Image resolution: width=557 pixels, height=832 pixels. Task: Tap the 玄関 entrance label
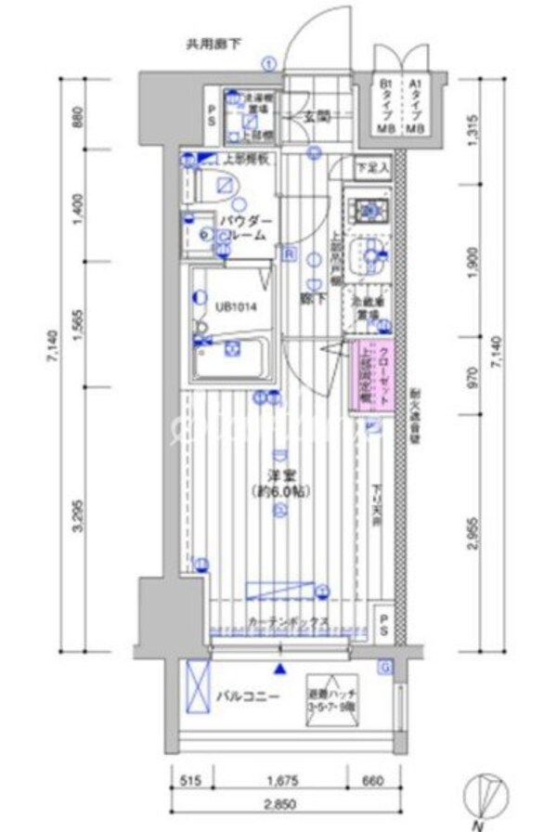(318, 117)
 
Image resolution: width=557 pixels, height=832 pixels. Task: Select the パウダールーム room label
(243, 227)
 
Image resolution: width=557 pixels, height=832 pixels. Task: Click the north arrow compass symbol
(488, 799)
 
